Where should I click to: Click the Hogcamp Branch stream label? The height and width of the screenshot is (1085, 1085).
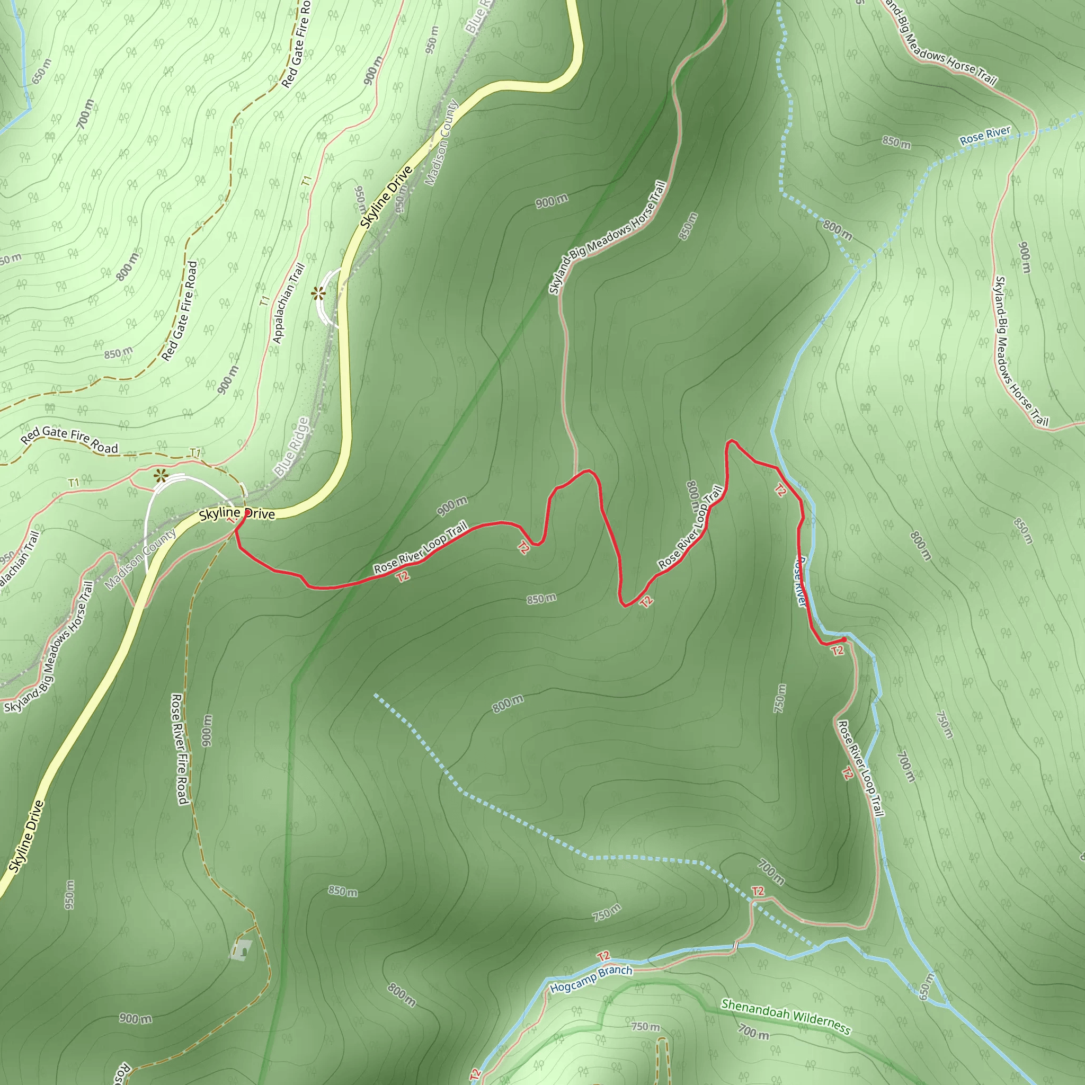click(591, 979)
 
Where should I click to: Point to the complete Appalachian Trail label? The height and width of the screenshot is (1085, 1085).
click(289, 303)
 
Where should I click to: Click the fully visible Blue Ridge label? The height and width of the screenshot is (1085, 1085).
click(292, 447)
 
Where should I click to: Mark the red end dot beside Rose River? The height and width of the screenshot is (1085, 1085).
click(843, 639)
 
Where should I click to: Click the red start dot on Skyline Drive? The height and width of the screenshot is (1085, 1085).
click(246, 513)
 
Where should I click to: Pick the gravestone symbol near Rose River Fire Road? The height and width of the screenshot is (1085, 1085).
click(242, 948)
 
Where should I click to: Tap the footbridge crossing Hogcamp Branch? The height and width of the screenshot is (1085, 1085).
click(735, 946)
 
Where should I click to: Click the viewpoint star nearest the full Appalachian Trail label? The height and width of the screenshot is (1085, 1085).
click(318, 293)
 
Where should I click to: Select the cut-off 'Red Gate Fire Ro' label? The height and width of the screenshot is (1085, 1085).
click(296, 44)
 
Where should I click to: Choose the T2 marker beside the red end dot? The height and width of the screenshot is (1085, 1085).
click(838, 651)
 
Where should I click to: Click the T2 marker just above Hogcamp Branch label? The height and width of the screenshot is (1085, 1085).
click(604, 956)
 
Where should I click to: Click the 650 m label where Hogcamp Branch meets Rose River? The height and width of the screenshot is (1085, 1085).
click(927, 986)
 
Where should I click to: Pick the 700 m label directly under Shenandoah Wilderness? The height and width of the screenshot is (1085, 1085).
click(753, 1031)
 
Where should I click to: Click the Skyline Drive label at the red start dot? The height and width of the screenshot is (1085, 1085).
click(237, 513)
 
